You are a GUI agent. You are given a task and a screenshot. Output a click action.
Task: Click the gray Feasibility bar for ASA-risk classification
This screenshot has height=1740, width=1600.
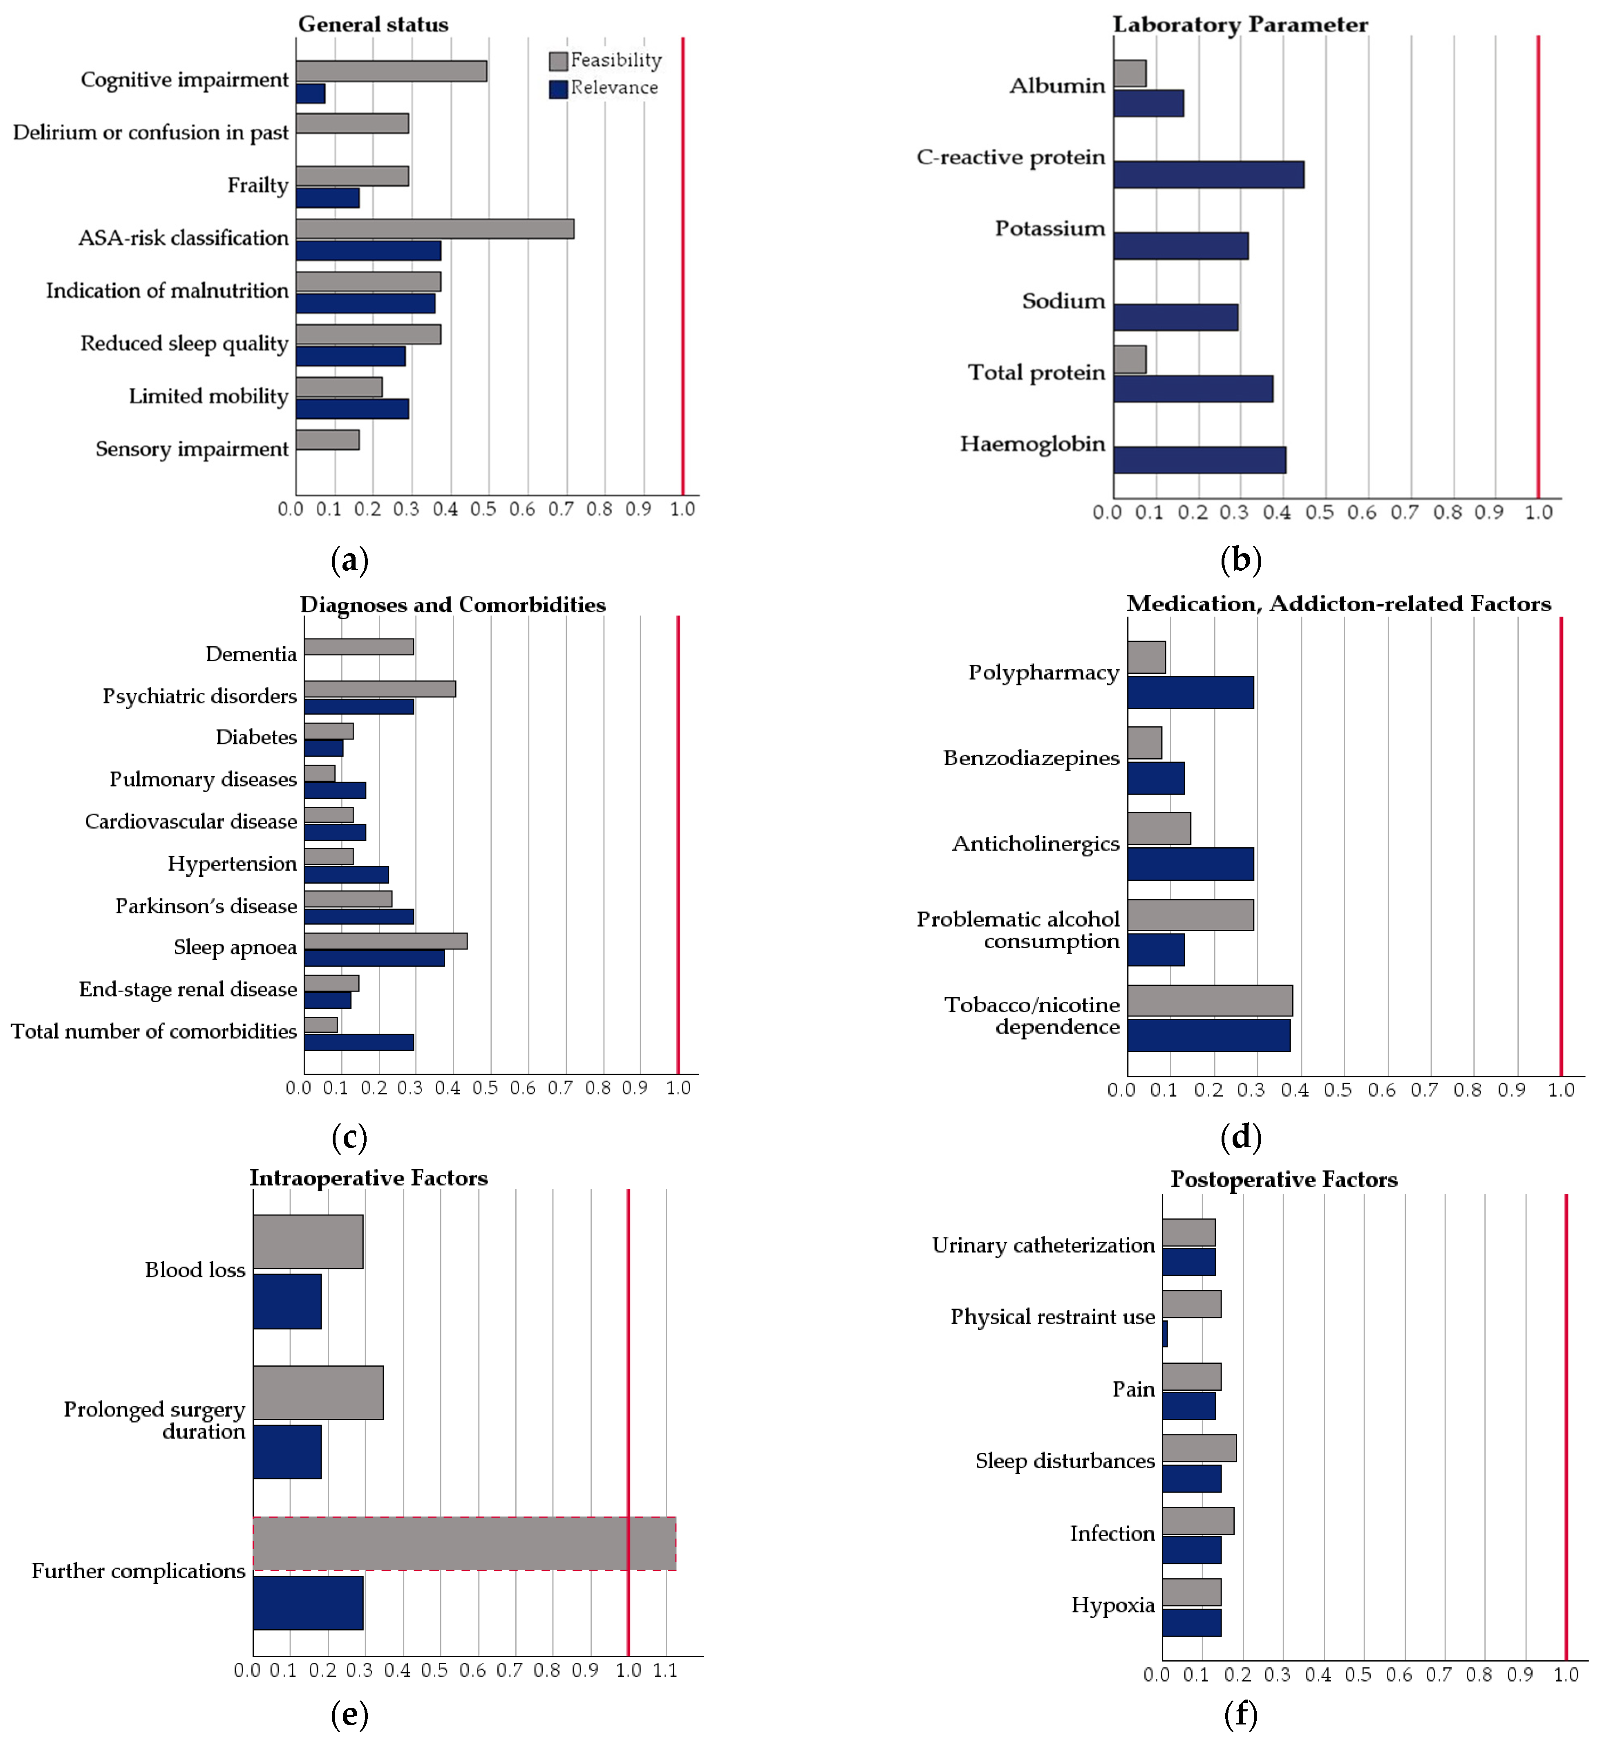434,228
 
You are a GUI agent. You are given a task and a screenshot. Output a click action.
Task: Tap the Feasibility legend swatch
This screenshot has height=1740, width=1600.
558,60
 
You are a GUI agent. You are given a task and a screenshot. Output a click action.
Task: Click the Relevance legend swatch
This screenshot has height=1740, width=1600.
558,88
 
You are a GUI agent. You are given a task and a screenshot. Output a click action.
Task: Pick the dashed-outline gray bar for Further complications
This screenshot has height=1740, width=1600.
464,1543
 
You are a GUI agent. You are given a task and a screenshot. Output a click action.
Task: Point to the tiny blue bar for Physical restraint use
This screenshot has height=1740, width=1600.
1164,1334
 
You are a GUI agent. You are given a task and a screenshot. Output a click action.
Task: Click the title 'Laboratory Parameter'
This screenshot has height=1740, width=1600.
1240,24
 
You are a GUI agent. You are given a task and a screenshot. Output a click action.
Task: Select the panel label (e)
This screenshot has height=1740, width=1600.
350,1714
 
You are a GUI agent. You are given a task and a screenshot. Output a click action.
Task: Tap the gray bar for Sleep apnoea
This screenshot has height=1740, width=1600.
385,941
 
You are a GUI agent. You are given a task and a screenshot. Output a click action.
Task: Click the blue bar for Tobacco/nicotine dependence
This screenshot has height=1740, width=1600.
1208,1035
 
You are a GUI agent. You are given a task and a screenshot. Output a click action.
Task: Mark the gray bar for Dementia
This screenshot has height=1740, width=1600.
358,647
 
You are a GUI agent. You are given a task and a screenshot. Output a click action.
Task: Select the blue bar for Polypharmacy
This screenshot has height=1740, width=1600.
1190,692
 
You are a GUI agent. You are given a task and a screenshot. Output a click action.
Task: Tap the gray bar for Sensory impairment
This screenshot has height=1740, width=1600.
327,440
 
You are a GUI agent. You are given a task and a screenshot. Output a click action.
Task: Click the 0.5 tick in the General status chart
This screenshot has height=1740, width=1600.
483,509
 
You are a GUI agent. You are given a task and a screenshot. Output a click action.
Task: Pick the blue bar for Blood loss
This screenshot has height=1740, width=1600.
286,1301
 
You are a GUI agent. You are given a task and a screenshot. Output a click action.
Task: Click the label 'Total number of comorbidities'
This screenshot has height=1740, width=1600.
153,1031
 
